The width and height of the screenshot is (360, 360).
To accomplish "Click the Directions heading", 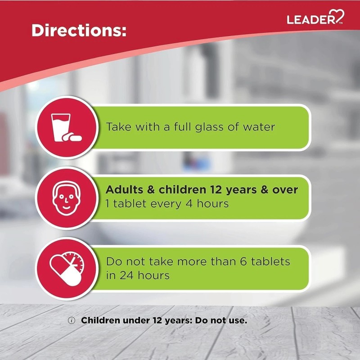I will pyautogui.click(x=79, y=30).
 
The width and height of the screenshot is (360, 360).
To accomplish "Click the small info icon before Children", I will pyautogui.click(x=71, y=321).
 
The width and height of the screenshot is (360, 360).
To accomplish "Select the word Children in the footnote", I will pyautogui.click(x=101, y=321).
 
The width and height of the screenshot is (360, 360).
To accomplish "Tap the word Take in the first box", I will pyautogui.click(x=118, y=127).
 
